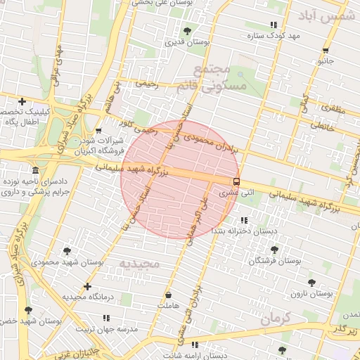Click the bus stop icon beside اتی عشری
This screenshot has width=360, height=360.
point(236,181)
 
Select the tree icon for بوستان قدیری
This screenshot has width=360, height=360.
point(187,31)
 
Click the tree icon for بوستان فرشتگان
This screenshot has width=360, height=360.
point(274,250)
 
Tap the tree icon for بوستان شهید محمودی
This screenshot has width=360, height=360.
point(67,250)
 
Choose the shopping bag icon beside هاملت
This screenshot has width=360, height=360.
point(168,295)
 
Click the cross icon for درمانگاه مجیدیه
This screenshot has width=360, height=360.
point(87,286)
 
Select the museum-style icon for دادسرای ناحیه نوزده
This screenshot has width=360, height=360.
point(36,171)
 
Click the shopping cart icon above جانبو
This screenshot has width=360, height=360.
point(326,51)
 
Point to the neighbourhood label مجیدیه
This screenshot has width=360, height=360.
point(140,264)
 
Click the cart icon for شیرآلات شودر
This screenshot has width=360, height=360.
point(98,131)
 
